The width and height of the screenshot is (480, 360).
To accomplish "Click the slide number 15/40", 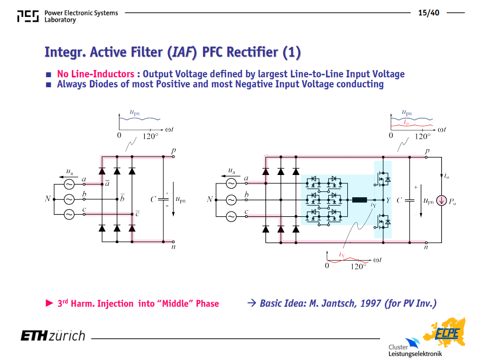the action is point(429,13).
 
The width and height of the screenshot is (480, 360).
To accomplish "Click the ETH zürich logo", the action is point(53,336).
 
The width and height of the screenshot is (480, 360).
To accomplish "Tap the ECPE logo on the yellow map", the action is point(447,333).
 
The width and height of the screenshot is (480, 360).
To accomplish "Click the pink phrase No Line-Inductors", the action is point(96,74).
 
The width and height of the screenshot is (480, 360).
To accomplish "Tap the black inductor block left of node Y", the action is point(359,200).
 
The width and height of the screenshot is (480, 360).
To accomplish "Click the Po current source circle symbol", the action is point(441,201).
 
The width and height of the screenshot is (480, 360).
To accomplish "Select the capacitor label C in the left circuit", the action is point(154,200).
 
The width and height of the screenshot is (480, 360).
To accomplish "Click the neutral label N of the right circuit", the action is point(210,199).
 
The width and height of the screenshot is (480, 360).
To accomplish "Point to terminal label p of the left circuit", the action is point(173,151).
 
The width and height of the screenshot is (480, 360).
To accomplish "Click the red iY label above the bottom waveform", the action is point(342,254).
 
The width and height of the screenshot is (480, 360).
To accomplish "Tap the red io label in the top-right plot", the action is point(406,122).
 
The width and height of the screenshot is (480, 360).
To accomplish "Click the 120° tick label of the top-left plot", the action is point(150,136).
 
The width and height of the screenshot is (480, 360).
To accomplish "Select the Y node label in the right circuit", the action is point(388,200).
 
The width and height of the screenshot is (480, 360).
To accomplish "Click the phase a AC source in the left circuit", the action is point(69,184).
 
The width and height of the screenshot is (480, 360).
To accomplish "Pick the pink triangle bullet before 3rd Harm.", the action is point(49,303).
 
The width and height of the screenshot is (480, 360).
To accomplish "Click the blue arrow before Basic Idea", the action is point(252,303).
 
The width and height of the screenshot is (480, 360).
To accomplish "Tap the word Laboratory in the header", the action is point(60,20).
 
